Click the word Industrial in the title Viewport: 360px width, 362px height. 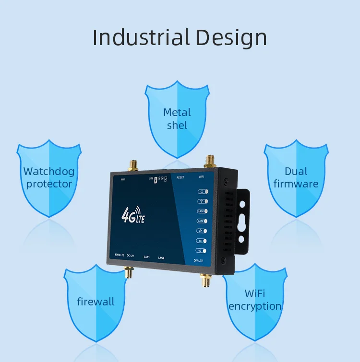[x=135, y=38]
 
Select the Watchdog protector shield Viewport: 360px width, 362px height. [x=48, y=177]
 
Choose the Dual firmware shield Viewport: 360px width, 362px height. [x=296, y=177]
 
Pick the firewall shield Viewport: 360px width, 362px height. [x=96, y=302]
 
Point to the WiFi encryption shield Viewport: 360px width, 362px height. [x=255, y=300]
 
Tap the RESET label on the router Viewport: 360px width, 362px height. [x=180, y=177]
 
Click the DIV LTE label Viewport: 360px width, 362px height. [x=199, y=260]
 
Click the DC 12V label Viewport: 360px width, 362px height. [x=130, y=256]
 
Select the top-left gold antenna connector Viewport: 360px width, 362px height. [x=133, y=165]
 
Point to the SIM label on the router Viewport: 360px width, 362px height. [x=150, y=178]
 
